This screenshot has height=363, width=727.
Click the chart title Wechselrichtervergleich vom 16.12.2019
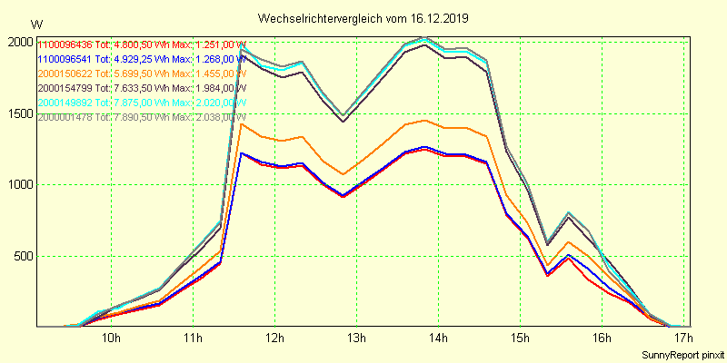pyautogui.click(x=363, y=18)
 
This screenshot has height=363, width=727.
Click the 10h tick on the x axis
pyautogui.click(x=111, y=338)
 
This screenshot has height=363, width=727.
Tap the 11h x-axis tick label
pyautogui.click(x=193, y=338)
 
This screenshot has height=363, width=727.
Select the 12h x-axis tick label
pyautogui.click(x=274, y=338)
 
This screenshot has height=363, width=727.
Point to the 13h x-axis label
pyautogui.click(x=356, y=338)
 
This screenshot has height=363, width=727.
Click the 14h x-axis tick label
pyautogui.click(x=438, y=338)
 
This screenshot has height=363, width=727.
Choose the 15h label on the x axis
pyautogui.click(x=520, y=338)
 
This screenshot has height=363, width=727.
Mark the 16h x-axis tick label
pyautogui.click(x=602, y=338)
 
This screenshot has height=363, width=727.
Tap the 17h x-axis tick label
pyautogui.click(x=683, y=338)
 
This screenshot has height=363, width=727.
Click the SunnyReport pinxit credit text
pyautogui.click(x=682, y=354)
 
